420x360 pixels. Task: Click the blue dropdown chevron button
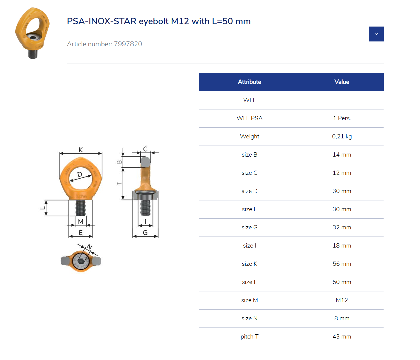[376, 34]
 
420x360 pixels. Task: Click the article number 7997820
[128, 44]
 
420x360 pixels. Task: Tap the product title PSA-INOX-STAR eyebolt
[159, 21]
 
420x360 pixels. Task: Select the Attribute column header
[249, 82]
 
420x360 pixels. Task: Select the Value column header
[341, 82]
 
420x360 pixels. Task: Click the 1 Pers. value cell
[342, 118]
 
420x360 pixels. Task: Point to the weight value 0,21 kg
[342, 137]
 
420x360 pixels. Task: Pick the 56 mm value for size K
[342, 264]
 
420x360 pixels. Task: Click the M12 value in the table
[342, 300]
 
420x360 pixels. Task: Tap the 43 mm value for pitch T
[342, 337]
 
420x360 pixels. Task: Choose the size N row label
[249, 319]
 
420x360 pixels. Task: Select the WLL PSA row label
[249, 118]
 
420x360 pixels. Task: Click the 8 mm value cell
[342, 319]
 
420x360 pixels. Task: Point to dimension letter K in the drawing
[81, 150]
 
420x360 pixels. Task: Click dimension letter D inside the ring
[80, 174]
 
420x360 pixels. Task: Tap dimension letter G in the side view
[145, 233]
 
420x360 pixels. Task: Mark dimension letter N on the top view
[89, 247]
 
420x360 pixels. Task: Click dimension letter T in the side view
[119, 183]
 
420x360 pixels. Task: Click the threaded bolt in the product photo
[33, 54]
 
